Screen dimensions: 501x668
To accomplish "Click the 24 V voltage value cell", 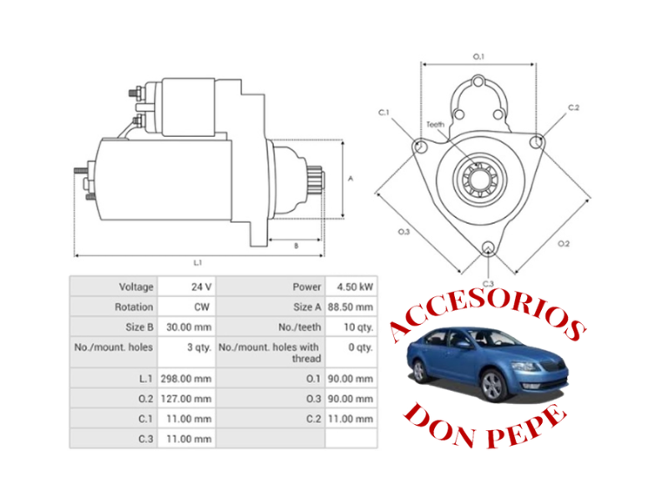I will [x=200, y=286].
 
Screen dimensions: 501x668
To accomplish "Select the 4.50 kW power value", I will [x=354, y=286].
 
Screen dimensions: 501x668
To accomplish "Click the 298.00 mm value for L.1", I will [x=191, y=377].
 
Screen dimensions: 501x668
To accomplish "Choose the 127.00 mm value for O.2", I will [x=191, y=398].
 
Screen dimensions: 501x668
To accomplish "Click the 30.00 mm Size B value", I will [x=191, y=327].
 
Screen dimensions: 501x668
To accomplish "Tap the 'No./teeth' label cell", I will [x=299, y=327].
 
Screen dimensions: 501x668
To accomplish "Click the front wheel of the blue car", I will [x=493, y=386].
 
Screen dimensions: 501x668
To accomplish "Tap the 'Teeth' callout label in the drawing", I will [x=435, y=124].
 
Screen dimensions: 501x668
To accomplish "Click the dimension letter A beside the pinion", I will [x=352, y=179].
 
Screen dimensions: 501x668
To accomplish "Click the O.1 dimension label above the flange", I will [x=479, y=56].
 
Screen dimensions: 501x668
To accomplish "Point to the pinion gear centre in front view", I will [x=479, y=178].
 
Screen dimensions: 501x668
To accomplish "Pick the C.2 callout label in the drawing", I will [x=574, y=108].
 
